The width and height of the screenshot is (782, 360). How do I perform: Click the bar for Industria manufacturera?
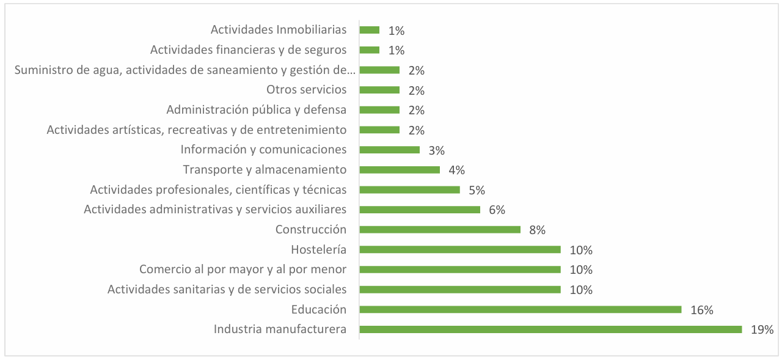[x=550, y=329]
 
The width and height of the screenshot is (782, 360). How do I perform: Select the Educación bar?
[x=519, y=309]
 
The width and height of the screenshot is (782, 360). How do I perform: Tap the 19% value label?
[x=762, y=330]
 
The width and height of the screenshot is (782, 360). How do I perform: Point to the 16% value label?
[x=701, y=310]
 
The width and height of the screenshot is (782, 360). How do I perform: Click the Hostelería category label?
[x=318, y=249]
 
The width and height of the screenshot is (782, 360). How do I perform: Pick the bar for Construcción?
[x=440, y=229]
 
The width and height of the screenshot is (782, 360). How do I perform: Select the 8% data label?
[x=537, y=230]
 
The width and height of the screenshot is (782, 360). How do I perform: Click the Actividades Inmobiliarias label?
[x=279, y=29]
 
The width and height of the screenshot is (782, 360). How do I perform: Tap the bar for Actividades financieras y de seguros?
[x=369, y=50]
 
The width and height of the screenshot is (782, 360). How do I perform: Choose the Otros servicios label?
[x=306, y=90]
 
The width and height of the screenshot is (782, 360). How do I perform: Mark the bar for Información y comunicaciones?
[x=389, y=150]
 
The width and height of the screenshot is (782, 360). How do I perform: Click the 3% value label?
[x=436, y=150]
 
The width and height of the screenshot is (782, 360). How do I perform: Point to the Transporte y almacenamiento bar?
[x=400, y=169]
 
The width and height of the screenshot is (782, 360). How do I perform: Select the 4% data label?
[x=456, y=171]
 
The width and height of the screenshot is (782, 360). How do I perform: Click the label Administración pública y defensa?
[x=256, y=110]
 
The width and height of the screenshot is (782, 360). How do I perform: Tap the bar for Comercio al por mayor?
[x=459, y=270]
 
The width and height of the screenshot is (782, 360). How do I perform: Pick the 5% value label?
[x=477, y=190]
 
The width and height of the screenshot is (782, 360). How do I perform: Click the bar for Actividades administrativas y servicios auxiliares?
[x=420, y=210]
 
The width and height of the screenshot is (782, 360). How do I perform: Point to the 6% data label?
[x=497, y=210]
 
